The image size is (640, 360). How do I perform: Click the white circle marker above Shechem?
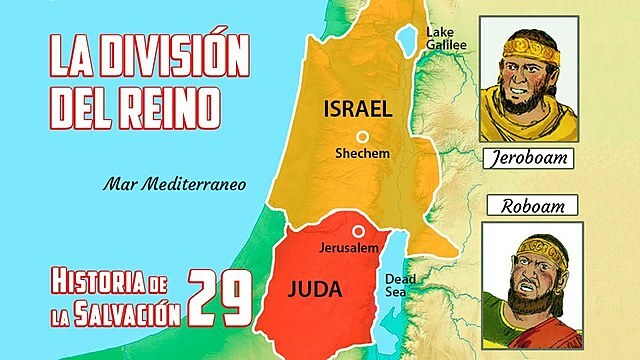tap(362, 136)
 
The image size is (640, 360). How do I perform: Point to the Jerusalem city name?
tap(341, 246)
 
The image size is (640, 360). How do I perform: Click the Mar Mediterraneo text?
tap(173, 183)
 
